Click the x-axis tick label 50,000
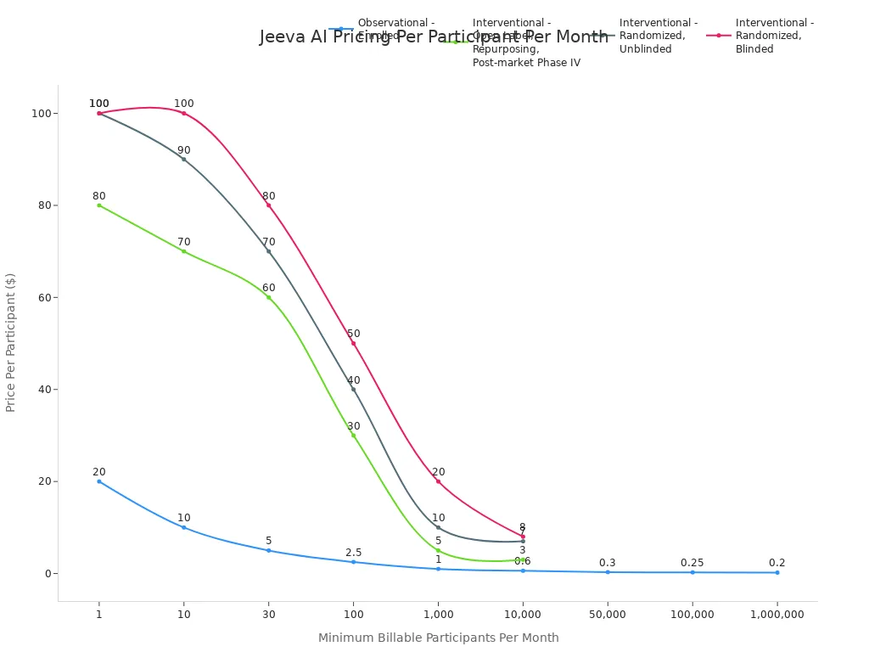click(x=608, y=615)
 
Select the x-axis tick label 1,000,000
click(x=777, y=615)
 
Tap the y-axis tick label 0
click(x=48, y=574)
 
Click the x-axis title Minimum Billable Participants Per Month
click(x=438, y=638)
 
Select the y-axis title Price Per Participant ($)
click(x=11, y=342)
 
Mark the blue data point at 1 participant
click(x=99, y=481)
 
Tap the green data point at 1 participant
click(x=99, y=205)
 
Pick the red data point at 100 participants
click(x=353, y=343)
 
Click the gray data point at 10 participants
click(x=183, y=160)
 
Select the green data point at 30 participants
click(x=268, y=297)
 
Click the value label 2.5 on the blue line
click(x=353, y=553)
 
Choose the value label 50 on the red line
click(x=353, y=334)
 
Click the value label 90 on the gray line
click(x=183, y=150)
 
